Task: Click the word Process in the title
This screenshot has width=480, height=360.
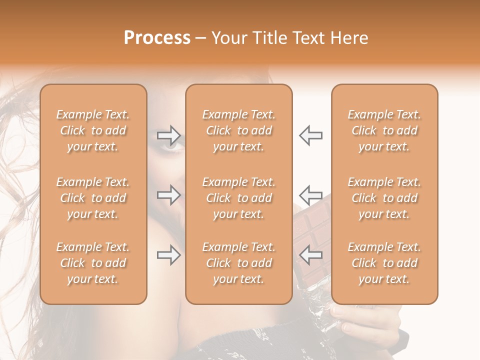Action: (x=157, y=38)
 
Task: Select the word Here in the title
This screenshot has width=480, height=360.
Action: (x=350, y=38)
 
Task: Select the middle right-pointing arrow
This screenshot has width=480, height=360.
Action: (x=169, y=194)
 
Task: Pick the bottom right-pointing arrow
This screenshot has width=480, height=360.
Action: (x=169, y=255)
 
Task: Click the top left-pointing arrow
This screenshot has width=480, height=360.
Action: (x=310, y=135)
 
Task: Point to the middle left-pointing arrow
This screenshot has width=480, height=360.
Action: (x=310, y=194)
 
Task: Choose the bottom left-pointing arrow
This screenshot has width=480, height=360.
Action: (x=310, y=255)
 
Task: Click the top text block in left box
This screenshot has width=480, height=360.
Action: (x=93, y=130)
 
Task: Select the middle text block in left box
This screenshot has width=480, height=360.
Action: (x=93, y=198)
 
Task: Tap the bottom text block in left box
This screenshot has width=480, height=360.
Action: (x=93, y=263)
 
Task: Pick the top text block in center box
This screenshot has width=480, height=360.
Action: (x=238, y=130)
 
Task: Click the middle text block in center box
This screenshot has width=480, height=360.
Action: (x=238, y=198)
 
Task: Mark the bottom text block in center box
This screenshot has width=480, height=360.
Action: (x=238, y=263)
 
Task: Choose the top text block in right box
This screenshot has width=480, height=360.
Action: (x=384, y=130)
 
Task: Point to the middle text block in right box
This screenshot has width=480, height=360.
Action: (x=384, y=198)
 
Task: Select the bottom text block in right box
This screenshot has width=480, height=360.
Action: (x=384, y=263)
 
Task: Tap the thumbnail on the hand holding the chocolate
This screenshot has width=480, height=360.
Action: (x=349, y=327)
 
